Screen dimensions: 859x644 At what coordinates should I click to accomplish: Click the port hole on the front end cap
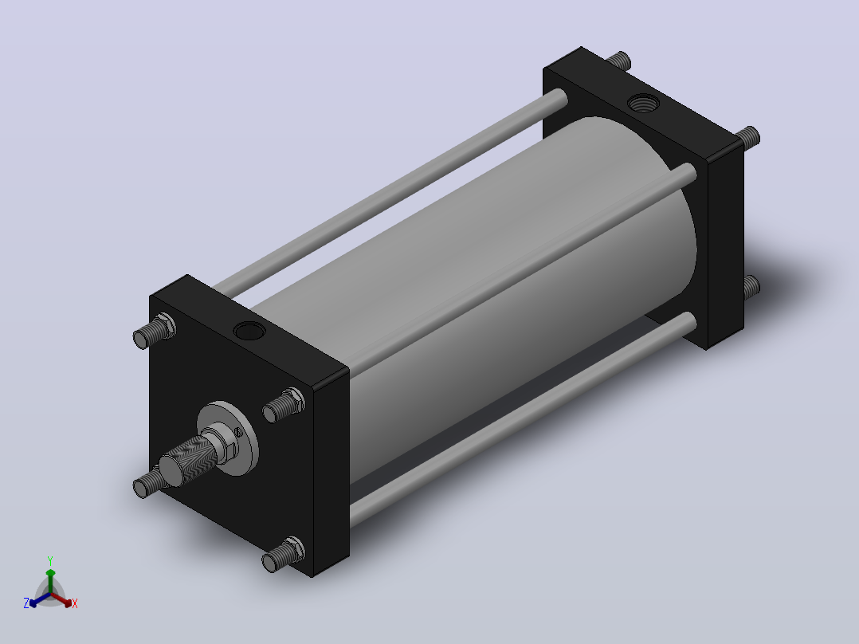pyautogui.click(x=249, y=331)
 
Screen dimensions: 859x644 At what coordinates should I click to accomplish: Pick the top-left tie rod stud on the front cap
pyautogui.click(x=155, y=331)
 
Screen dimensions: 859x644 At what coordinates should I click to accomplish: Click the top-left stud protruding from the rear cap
pyautogui.click(x=618, y=61)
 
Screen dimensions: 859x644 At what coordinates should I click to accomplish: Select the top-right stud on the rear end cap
pyautogui.click(x=747, y=137)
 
